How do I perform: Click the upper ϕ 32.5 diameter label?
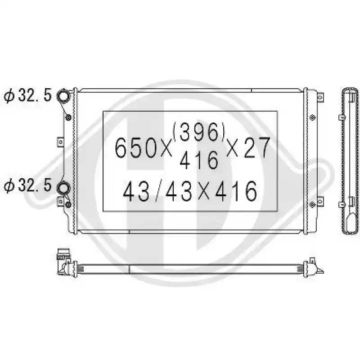[27, 95]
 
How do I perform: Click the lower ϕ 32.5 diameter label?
[27, 185]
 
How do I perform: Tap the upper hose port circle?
[63, 96]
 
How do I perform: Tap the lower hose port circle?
[63, 188]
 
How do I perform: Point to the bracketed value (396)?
[199, 131]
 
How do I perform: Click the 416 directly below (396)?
[198, 160]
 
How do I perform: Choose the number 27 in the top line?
[256, 148]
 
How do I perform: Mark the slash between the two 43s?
[157, 191]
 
